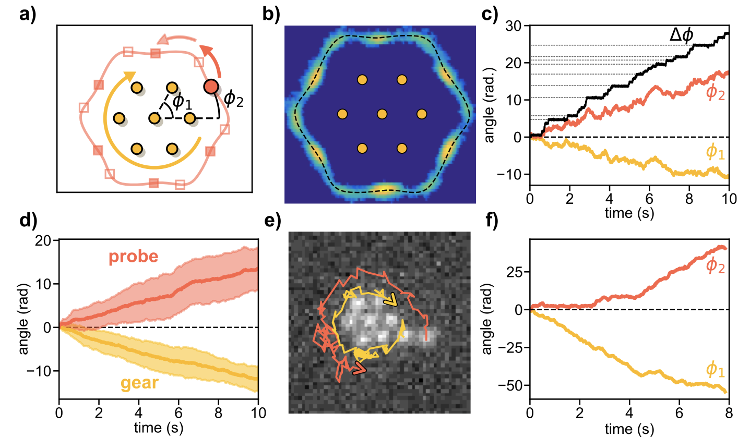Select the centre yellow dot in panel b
coord(382,114)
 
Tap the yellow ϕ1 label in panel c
coord(715,151)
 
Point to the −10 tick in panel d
coord(44,371)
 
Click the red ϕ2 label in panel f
coord(715,265)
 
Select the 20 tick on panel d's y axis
coord(46,240)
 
